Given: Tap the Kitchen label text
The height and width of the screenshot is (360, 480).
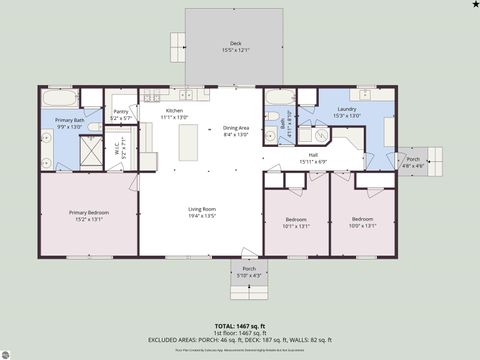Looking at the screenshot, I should tap(175, 113).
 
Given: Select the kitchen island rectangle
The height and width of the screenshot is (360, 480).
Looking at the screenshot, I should tap(186, 142).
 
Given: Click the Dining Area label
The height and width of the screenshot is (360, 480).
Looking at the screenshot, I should tap(236, 130).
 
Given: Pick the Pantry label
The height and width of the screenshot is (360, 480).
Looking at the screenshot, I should tap(121, 114).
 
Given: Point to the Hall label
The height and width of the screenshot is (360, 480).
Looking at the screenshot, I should tap(313, 158).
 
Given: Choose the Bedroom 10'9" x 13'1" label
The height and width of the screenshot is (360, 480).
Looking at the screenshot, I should tap(363, 222).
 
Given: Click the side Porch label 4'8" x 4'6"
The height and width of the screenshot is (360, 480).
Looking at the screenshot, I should tap(413, 161).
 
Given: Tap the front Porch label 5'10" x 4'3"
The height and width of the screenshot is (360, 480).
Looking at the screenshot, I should tap(249, 272).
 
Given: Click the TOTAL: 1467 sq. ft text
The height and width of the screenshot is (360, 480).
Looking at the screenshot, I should tap(240, 326).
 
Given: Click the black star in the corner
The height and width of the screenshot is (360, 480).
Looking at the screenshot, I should tap(474, 5).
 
